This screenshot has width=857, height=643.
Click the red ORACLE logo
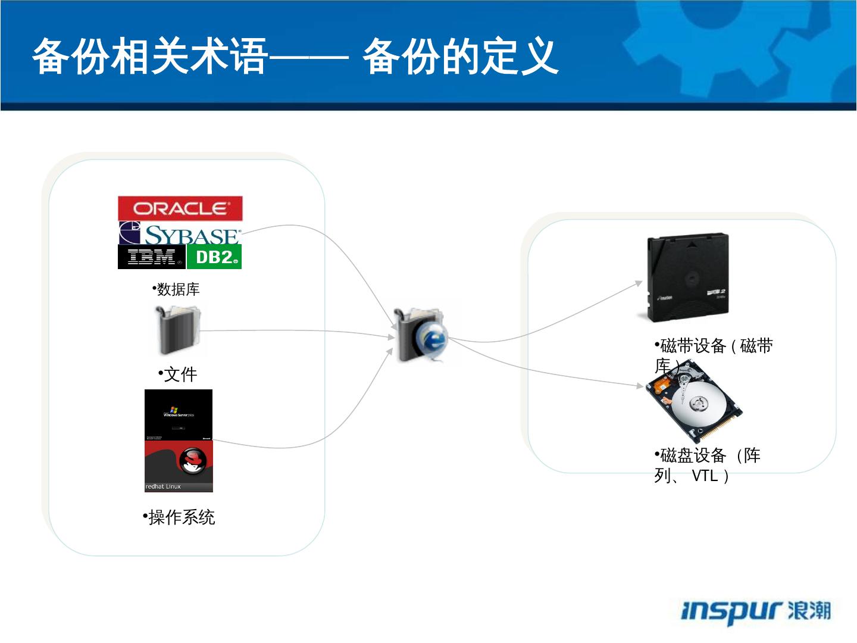click(180, 208)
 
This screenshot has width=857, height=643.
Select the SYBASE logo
click(180, 234)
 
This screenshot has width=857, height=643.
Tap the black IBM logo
click(151, 257)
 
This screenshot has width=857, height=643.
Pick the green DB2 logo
click(214, 257)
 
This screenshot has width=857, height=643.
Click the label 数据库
click(178, 289)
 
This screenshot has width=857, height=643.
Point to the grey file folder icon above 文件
click(177, 330)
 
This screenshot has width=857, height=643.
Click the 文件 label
click(180, 374)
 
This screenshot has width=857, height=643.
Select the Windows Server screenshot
click(179, 415)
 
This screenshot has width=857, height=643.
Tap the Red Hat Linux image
click(179, 466)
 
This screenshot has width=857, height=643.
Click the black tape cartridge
click(687, 277)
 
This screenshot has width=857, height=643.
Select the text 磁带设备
click(693, 346)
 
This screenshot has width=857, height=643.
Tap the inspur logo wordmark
click(731, 611)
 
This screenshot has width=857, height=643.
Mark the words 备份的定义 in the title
click(460, 57)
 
